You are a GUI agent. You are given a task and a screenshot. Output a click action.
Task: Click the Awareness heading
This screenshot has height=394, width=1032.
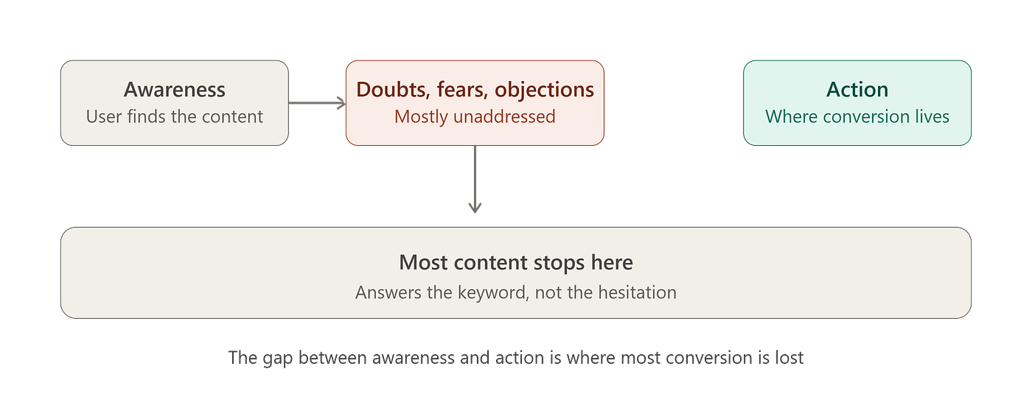(175, 89)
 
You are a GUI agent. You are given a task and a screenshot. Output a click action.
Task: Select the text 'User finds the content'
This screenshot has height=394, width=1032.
(175, 116)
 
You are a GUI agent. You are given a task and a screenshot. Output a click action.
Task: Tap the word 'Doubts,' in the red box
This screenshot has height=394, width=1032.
(393, 90)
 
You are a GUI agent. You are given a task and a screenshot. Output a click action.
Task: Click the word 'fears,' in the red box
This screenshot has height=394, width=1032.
(462, 90)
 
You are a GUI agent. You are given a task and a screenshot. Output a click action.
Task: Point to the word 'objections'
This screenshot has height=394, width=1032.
(545, 90)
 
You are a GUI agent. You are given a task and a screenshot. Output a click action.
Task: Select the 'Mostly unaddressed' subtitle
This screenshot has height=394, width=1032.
(475, 117)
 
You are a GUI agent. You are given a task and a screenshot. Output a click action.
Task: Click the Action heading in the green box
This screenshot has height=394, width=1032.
(857, 89)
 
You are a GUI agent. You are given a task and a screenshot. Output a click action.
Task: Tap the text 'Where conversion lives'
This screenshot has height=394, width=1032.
(857, 116)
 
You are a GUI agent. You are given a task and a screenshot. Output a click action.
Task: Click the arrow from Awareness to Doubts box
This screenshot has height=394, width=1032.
(317, 103)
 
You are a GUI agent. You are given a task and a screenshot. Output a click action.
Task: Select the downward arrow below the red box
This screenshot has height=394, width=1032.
(475, 180)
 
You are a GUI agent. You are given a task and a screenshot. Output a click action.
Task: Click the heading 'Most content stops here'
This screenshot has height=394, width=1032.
(516, 262)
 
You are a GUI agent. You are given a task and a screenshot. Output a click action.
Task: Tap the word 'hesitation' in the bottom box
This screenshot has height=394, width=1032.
(637, 292)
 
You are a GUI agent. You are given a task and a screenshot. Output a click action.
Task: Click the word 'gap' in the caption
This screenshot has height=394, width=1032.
(278, 359)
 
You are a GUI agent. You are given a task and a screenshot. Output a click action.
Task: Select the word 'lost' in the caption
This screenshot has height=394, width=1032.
(789, 358)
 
